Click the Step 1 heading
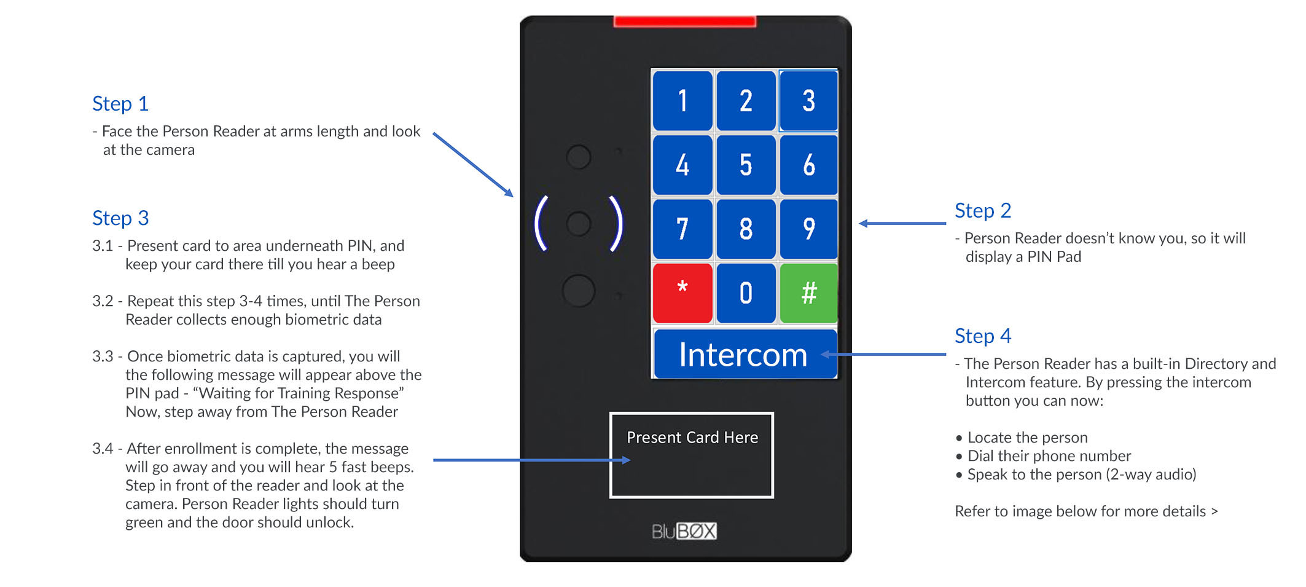point(120,104)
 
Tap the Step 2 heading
point(982,211)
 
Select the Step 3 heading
point(120,218)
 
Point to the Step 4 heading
point(982,336)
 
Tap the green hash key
point(808,293)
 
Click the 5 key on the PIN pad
point(745,165)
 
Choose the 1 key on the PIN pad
point(682,101)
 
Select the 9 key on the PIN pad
point(808,229)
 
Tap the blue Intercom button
point(744,355)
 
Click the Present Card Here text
point(692,438)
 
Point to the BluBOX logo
point(684,531)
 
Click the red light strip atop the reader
point(684,22)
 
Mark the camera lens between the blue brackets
point(578,224)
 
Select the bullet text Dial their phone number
point(1049,456)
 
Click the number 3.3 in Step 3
point(103,357)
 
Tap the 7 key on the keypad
point(682,229)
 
